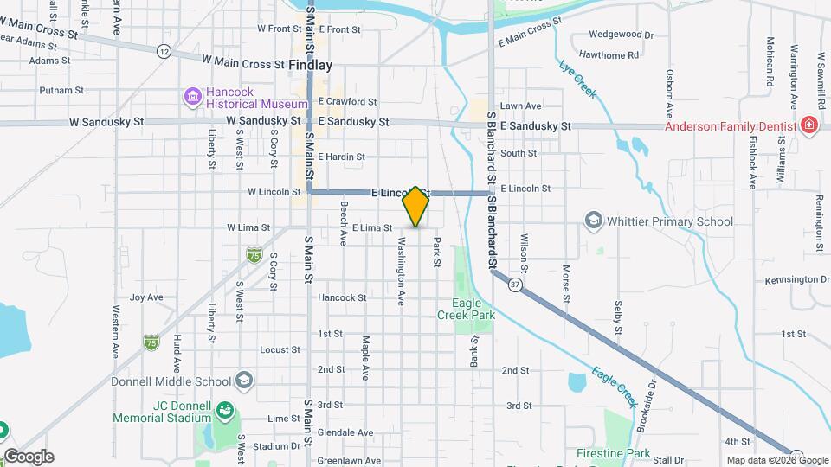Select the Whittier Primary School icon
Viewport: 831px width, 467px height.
(x=593, y=221)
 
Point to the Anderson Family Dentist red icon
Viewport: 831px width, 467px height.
(x=809, y=125)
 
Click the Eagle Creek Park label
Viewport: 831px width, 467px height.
(x=473, y=309)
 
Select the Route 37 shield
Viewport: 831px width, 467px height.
(x=516, y=284)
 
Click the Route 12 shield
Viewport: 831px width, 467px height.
(x=164, y=52)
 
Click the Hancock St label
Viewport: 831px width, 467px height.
(x=342, y=297)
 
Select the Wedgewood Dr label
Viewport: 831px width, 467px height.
(x=621, y=35)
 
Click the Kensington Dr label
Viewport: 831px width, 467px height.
(x=796, y=280)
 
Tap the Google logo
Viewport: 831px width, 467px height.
(x=28, y=457)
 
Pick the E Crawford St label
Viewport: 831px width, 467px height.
(x=347, y=102)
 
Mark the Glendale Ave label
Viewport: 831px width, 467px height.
(x=345, y=432)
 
